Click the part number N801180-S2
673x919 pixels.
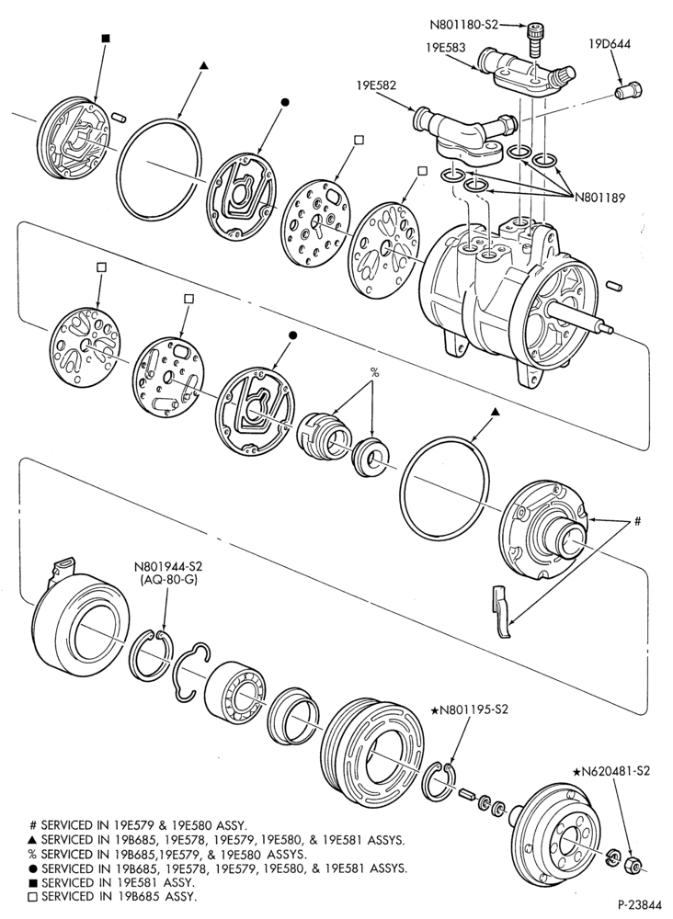(463, 25)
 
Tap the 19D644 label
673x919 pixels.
(610, 43)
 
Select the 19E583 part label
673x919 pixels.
(446, 48)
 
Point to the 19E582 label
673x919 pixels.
(376, 85)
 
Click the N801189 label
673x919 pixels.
(599, 198)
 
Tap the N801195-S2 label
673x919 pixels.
(470, 709)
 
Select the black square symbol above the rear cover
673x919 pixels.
(106, 38)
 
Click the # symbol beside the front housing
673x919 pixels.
(638, 520)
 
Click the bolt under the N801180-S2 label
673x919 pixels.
(536, 38)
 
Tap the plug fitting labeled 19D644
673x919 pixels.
(629, 90)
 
